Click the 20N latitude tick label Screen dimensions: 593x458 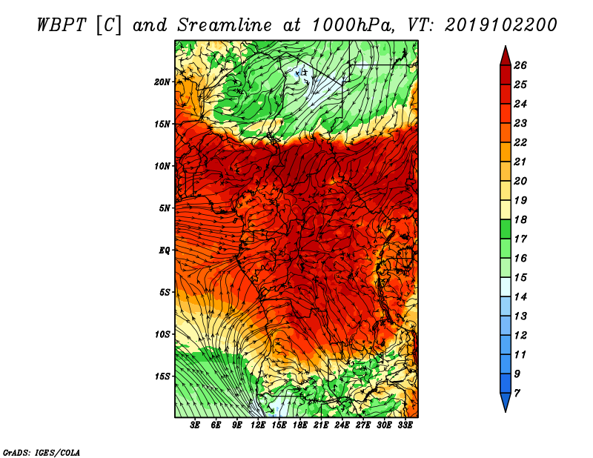(162, 82)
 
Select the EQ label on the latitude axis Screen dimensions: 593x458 (165, 250)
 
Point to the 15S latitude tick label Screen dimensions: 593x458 (162, 376)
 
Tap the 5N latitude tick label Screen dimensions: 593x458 (165, 208)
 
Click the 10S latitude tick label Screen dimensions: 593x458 (162, 334)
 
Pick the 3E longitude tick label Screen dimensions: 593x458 (195, 425)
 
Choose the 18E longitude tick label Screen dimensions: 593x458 (300, 425)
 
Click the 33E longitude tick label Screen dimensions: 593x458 (405, 425)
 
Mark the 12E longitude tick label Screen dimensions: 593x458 (258, 425)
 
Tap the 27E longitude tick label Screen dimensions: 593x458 (363, 425)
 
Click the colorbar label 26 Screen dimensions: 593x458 (520, 65)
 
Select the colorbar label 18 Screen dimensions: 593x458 (520, 219)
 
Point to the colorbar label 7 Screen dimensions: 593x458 (517, 394)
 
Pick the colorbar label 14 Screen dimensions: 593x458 (520, 297)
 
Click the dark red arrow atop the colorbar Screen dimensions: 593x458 (506, 56)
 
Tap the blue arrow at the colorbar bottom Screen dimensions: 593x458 (506, 402)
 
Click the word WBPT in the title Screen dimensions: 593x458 (62, 25)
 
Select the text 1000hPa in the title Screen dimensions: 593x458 (353, 25)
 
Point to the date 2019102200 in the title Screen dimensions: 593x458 (501, 25)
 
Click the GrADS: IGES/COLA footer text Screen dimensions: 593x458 (42, 453)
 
